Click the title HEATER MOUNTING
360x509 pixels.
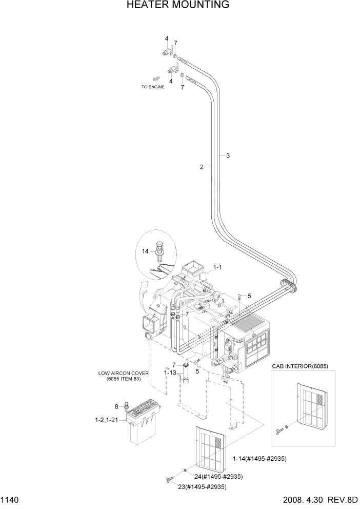click(x=177, y=6)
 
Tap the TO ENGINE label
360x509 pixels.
click(x=153, y=87)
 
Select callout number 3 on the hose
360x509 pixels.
click(x=228, y=155)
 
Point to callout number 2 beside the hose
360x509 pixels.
click(x=202, y=166)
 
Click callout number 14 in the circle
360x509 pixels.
click(x=145, y=251)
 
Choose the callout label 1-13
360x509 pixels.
click(x=170, y=373)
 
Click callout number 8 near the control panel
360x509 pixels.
click(x=116, y=406)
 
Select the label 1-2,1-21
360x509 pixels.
click(x=107, y=420)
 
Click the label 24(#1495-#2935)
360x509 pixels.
click(x=218, y=476)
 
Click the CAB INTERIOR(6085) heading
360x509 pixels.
click(x=301, y=366)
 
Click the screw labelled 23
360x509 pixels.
click(x=170, y=480)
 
